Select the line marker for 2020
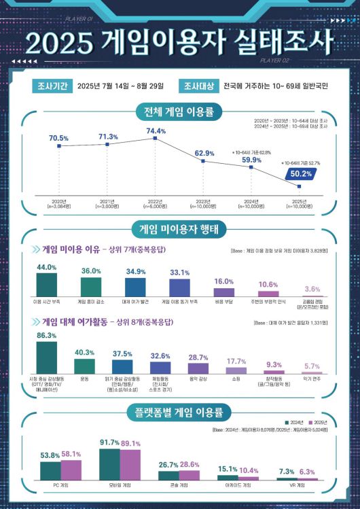tap(59, 146)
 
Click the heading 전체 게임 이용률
tap(179, 111)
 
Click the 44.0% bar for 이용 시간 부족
tap(46, 284)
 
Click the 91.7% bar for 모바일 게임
tap(109, 464)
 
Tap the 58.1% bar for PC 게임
tap(71, 470)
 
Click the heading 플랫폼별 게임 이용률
tap(179, 413)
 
